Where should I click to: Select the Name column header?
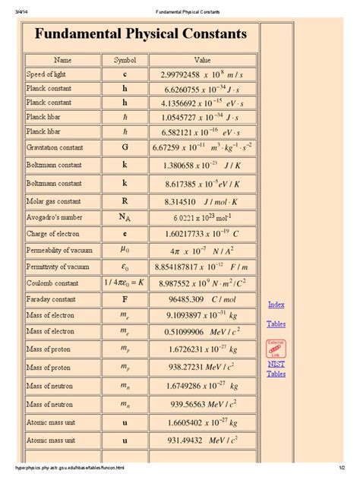pyautogui.click(x=61, y=59)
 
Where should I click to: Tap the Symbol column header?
pyautogui.click(x=125, y=59)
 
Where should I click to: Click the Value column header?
pyautogui.click(x=203, y=59)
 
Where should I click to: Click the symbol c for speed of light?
pyautogui.click(x=125, y=74)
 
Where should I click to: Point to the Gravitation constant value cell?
pyautogui.click(x=203, y=146)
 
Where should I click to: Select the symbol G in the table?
pyautogui.click(x=125, y=146)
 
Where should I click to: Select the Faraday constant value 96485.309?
pyautogui.click(x=203, y=299)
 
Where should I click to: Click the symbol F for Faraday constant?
pyautogui.click(x=125, y=299)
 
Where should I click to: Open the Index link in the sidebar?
pyautogui.click(x=276, y=305)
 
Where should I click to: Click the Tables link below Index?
pyautogui.click(x=276, y=324)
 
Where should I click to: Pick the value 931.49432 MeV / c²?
pyautogui.click(x=203, y=440)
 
